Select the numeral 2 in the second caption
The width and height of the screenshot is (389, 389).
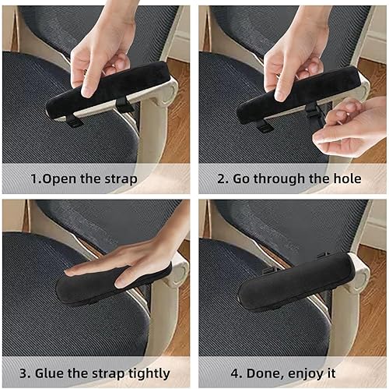point(222,179)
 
